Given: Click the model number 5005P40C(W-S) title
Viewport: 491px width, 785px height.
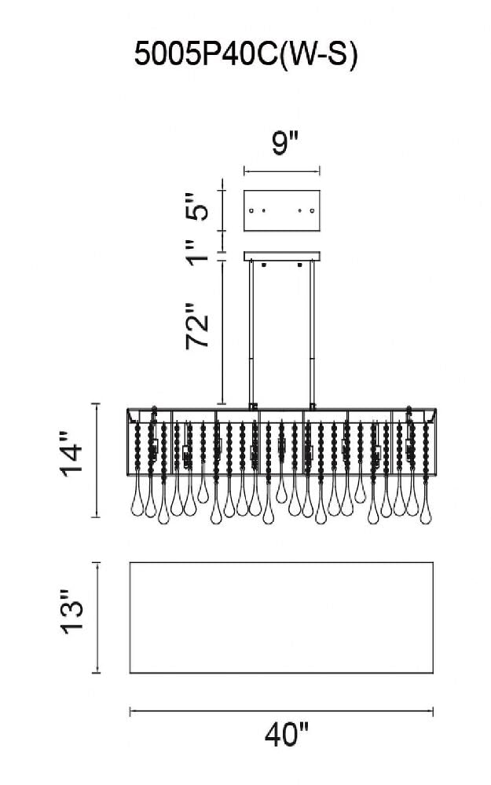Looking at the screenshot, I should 246,56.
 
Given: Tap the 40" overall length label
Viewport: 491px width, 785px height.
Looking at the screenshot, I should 285,736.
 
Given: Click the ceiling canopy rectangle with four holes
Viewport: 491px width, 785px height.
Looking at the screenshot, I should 282,210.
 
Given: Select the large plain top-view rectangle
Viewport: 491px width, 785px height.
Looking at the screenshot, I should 281,617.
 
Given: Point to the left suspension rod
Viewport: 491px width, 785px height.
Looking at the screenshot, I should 251,334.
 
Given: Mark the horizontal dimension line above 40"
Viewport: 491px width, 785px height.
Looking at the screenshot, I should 281,711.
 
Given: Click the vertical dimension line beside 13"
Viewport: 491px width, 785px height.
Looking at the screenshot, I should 97,617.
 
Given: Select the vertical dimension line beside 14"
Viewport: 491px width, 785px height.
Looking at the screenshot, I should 97,460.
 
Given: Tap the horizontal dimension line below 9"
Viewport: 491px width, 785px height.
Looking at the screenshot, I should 282,170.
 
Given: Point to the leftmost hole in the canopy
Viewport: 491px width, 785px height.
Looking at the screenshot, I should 251,210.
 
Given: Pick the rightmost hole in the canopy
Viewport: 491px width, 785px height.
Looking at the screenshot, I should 313,210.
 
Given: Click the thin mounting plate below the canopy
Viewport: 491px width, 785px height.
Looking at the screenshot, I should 282,255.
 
